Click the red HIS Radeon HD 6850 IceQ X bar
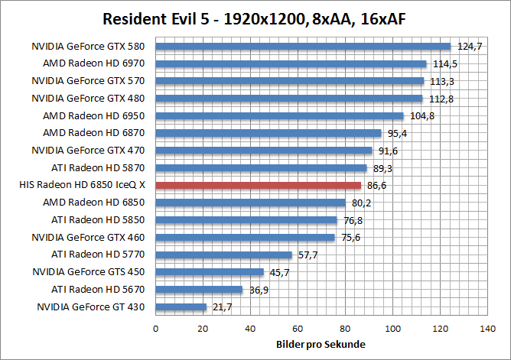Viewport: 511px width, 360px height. (x=259, y=185)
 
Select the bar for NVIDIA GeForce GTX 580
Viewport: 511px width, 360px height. (x=304, y=46)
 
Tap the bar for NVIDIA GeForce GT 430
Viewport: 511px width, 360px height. (x=181, y=307)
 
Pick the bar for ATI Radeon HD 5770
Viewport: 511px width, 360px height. (x=224, y=255)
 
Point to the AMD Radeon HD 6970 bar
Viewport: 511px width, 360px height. (x=291, y=63)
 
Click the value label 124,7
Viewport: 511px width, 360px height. (x=469, y=47)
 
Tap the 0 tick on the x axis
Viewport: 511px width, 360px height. (x=156, y=329)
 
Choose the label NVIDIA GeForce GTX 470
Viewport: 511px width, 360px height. (x=93, y=151)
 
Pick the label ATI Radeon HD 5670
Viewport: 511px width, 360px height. (x=103, y=290)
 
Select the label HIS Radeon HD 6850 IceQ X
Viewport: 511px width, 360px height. (x=86, y=185)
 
